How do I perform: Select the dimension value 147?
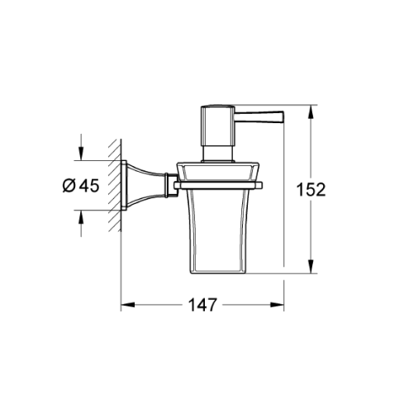pos(202,305)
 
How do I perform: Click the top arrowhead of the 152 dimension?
pos(312,111)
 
